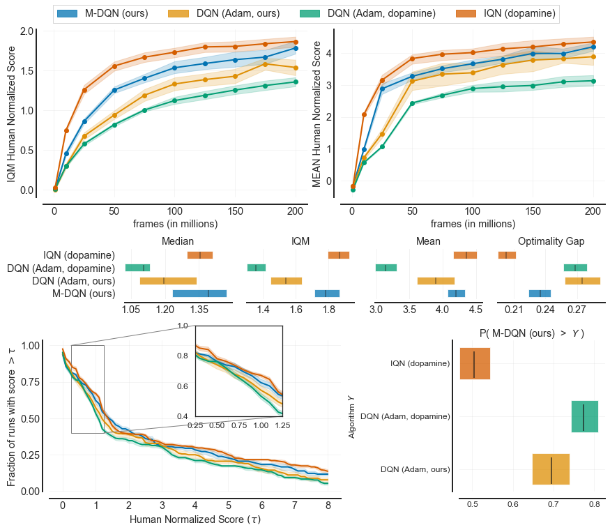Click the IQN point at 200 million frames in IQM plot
(x=296, y=42)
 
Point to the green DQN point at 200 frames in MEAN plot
(x=593, y=81)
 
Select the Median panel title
(x=178, y=241)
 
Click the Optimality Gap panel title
(x=551, y=241)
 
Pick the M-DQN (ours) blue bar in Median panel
(x=199, y=294)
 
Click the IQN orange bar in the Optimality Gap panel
(x=507, y=255)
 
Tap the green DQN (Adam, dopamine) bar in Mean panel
(x=386, y=268)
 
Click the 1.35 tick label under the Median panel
(x=199, y=309)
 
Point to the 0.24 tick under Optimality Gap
(x=545, y=309)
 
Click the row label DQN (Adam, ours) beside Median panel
(x=73, y=281)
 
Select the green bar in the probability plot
(x=584, y=416)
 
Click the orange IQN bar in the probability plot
(x=475, y=363)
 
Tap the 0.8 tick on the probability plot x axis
(x=595, y=503)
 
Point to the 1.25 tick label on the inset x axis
(x=282, y=425)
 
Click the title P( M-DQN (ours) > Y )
(x=532, y=334)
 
